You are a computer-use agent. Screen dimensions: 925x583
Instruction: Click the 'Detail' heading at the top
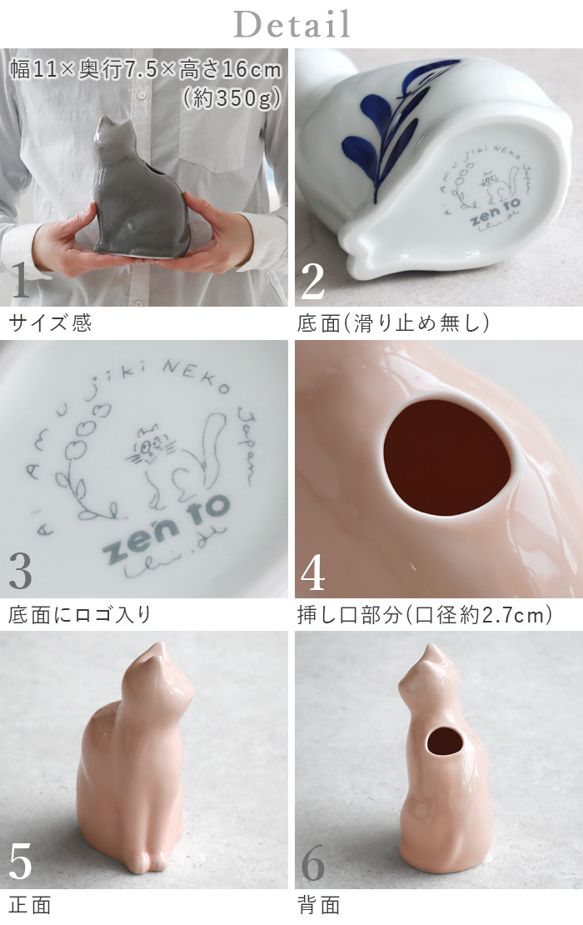click(x=291, y=24)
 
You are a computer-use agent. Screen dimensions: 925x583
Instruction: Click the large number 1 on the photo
click(x=22, y=281)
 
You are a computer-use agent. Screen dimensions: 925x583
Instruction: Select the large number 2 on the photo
click(x=312, y=281)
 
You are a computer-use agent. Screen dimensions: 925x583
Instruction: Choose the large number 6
click(x=312, y=862)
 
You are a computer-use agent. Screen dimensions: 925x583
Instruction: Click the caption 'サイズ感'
click(x=50, y=323)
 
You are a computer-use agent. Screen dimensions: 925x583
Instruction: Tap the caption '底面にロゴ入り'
click(x=80, y=615)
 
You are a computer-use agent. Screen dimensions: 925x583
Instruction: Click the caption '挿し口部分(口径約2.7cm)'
click(x=425, y=615)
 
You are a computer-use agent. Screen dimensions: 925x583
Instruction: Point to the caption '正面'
click(x=30, y=906)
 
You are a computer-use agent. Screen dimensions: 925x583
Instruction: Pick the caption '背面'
click(x=318, y=906)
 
